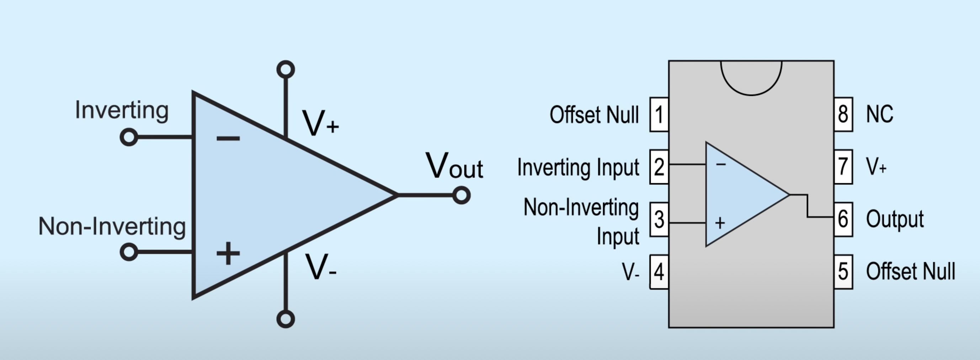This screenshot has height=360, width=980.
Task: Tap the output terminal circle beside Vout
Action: click(x=462, y=195)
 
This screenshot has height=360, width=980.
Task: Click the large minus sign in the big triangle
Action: click(x=228, y=138)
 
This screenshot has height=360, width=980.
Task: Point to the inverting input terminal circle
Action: click(x=129, y=137)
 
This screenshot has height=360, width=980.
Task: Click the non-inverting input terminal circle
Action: click(x=129, y=252)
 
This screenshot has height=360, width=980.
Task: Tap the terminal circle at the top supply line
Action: click(x=286, y=70)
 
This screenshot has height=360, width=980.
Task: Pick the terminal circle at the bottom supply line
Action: click(x=286, y=318)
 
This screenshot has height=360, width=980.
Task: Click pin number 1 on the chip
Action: click(x=659, y=115)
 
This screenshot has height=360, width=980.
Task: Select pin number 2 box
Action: click(x=659, y=167)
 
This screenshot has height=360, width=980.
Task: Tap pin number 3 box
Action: click(x=659, y=219)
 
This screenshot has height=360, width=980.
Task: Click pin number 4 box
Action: click(x=659, y=272)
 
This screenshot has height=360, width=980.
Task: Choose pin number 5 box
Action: click(x=843, y=272)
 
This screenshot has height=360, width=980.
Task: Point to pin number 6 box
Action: click(x=843, y=219)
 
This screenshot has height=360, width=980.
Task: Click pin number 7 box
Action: click(x=843, y=167)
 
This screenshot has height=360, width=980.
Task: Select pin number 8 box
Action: click(x=843, y=115)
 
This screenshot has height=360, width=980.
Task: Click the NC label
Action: click(x=879, y=114)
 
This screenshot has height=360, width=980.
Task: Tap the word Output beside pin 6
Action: click(x=895, y=219)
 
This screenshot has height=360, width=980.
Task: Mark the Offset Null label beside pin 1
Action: click(x=594, y=115)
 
